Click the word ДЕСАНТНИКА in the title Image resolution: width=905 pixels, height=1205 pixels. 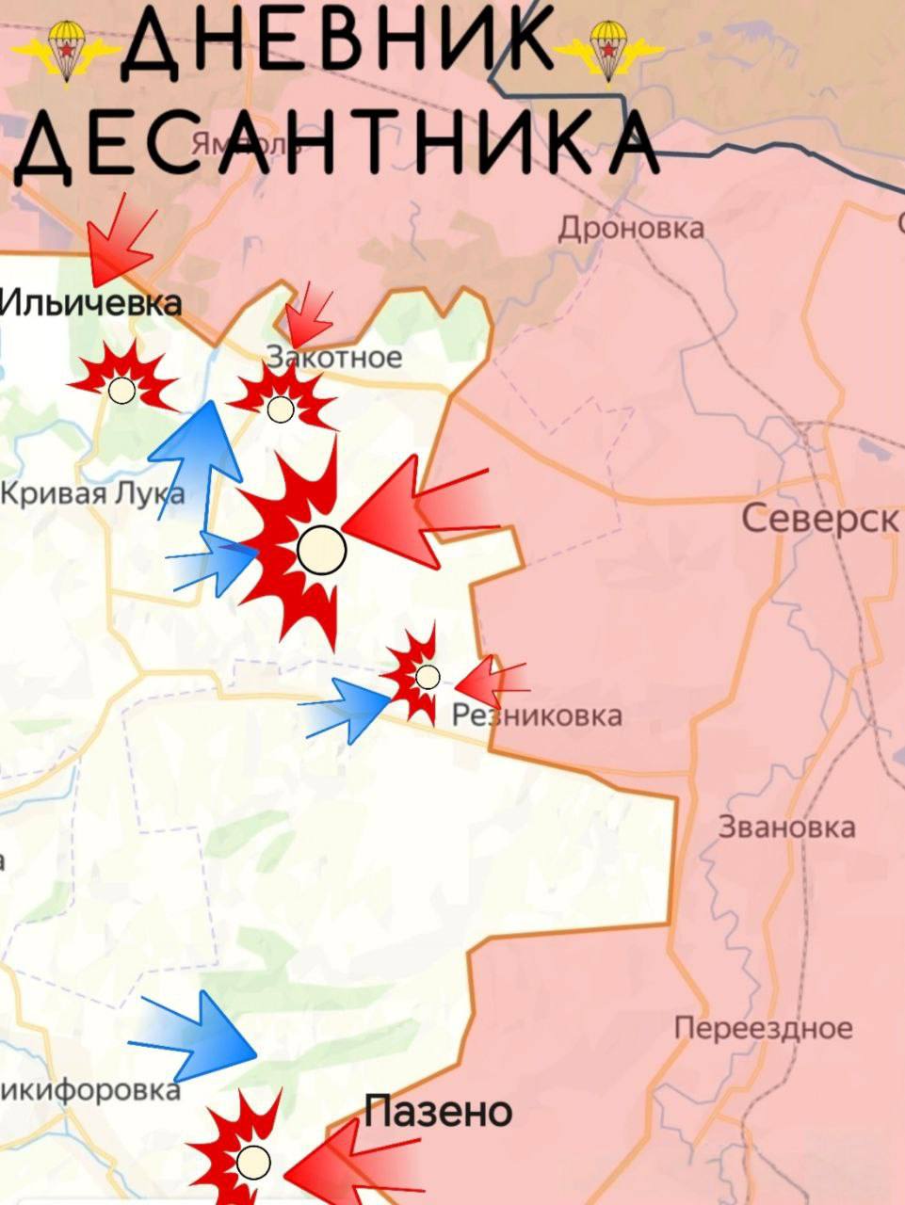(334, 141)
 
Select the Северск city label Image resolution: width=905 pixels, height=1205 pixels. (819, 518)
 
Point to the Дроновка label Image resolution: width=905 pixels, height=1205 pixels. (631, 228)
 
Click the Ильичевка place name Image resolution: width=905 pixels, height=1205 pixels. (90, 303)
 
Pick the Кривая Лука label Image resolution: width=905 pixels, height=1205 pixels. (92, 492)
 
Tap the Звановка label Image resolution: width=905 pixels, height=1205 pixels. (786, 827)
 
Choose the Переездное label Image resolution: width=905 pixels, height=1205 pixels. (763, 1028)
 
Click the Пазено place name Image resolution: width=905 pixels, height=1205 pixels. (438, 1112)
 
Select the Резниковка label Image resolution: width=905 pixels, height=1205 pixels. (537, 715)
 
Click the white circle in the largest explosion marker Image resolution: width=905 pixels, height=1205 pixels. (321, 549)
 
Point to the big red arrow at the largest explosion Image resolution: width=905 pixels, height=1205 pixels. (414, 513)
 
